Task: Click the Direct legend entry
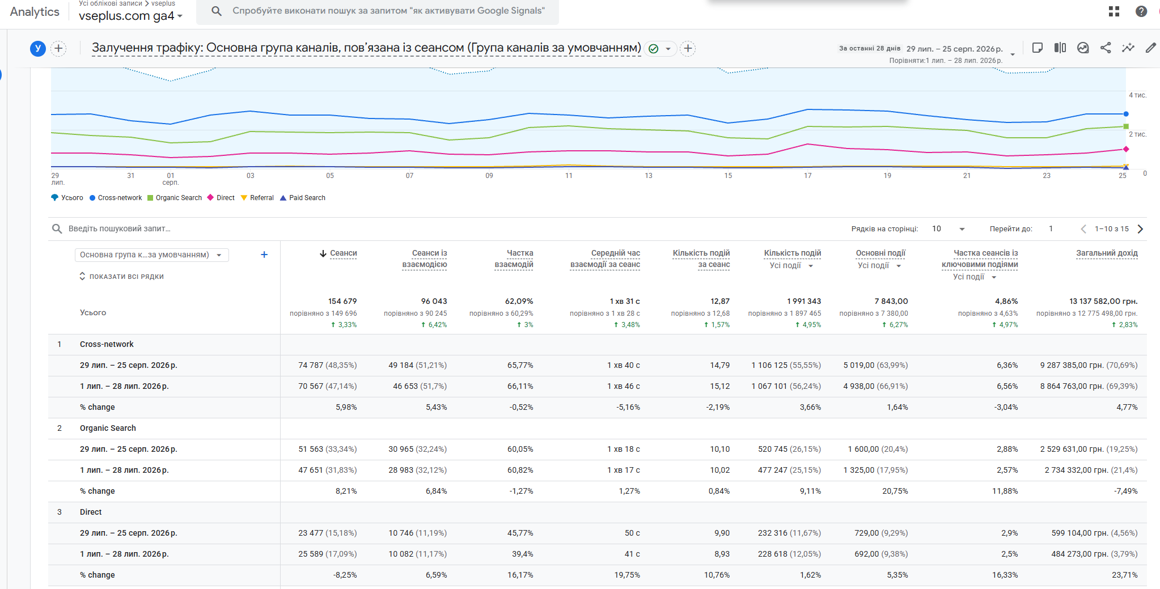pos(221,198)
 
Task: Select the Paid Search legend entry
pos(303,198)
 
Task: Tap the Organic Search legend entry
pos(175,198)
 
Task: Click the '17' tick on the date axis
pos(808,176)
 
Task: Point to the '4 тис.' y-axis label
pos(1137,95)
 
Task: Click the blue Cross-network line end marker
pos(1126,114)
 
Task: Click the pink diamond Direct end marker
pos(1126,149)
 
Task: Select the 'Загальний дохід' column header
pos(1107,253)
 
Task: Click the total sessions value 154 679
pos(342,302)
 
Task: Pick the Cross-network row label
pos(107,344)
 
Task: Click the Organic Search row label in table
pos(108,428)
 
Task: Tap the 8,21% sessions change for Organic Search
pos(346,491)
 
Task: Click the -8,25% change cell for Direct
pos(345,575)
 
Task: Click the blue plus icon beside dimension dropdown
pos(264,255)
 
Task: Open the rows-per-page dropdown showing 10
pos(949,229)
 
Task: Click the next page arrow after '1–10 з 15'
pos(1141,229)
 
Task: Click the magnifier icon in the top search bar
pos(217,11)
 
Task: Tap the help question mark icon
pos(1141,11)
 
